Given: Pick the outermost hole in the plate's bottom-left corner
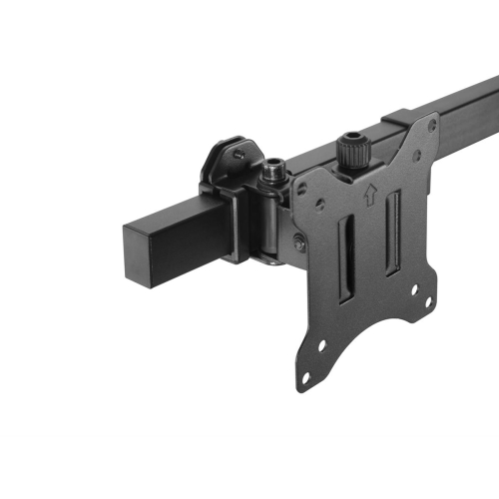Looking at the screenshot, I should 306,376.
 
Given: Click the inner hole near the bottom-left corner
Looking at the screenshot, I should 322,346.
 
